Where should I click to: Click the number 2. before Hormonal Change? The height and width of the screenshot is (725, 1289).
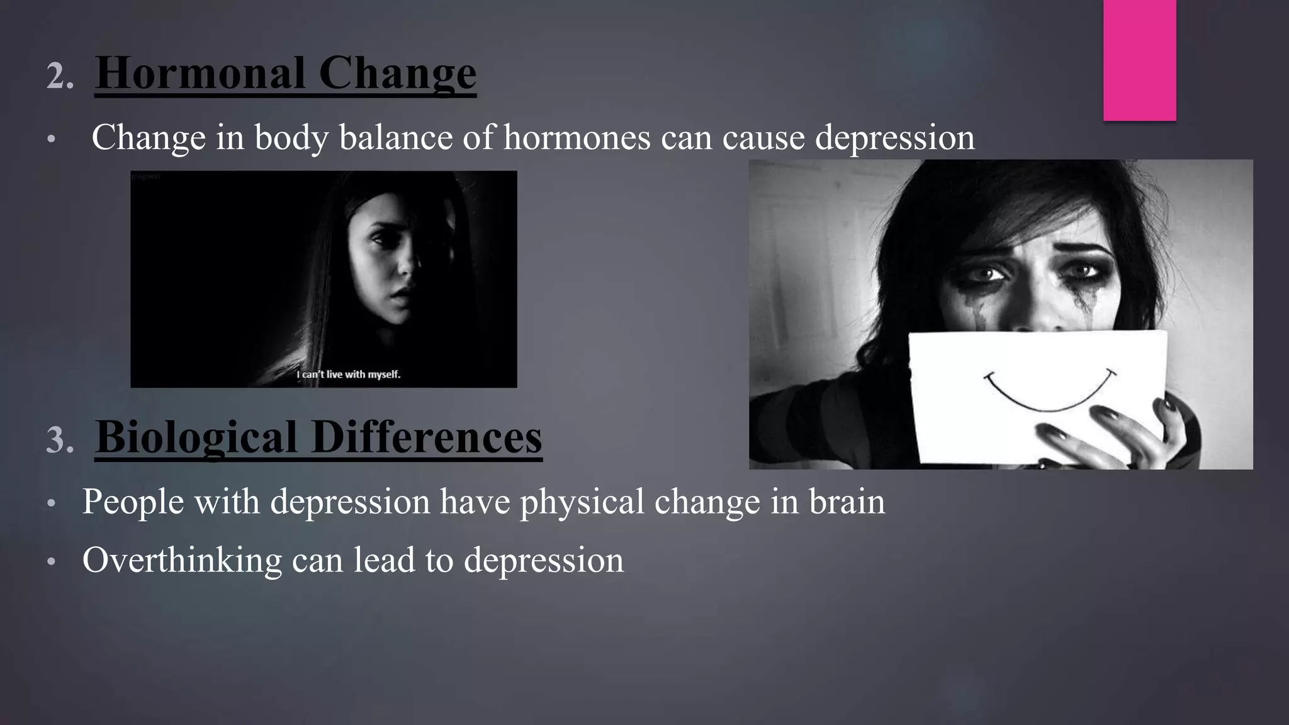click(x=60, y=77)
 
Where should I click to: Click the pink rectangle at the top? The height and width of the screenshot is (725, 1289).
click(x=1139, y=60)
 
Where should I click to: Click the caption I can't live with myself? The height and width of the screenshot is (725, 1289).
click(x=348, y=374)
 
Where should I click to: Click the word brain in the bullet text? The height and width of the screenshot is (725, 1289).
click(x=847, y=502)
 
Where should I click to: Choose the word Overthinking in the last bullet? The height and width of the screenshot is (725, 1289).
click(x=182, y=560)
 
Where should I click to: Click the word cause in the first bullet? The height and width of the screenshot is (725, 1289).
click(x=763, y=137)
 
